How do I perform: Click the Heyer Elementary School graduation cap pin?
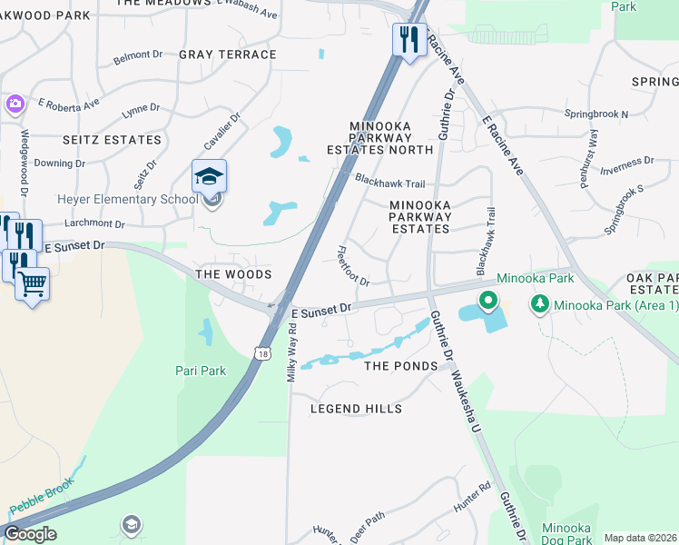click(x=209, y=176)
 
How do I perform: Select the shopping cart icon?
click(x=32, y=284)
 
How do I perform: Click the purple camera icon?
click(x=15, y=104)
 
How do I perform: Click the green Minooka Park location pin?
click(x=487, y=301)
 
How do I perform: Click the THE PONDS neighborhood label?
click(x=400, y=366)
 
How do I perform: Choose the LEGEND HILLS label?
click(x=356, y=409)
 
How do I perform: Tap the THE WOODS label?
click(x=234, y=273)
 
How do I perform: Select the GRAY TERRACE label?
click(x=227, y=54)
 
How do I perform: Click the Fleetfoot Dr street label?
click(x=353, y=266)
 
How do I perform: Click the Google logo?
click(x=30, y=534)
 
